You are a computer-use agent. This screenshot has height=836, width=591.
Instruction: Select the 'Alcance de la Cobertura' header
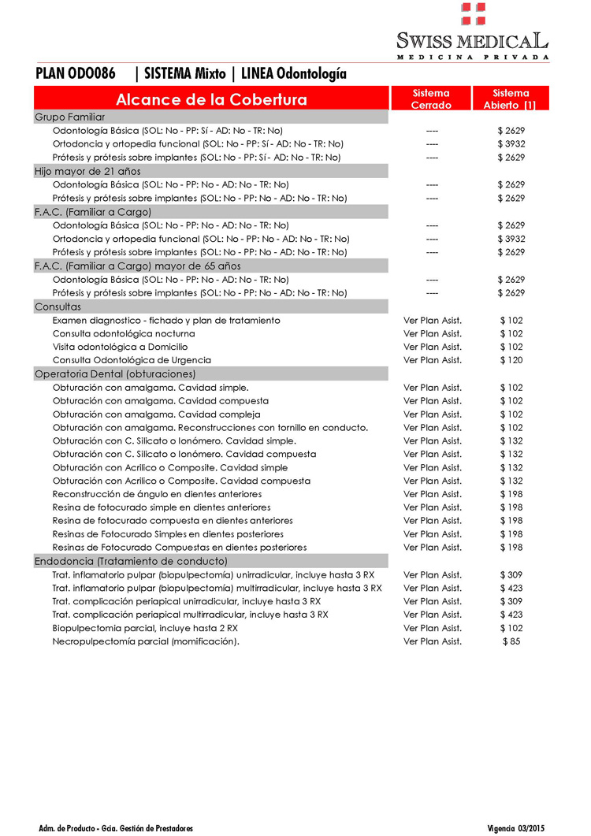(211, 99)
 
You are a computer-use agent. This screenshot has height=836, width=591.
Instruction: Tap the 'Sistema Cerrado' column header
(431, 99)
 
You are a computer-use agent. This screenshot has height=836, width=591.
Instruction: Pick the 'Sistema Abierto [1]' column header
(510, 99)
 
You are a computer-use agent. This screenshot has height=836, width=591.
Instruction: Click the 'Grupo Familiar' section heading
(69, 117)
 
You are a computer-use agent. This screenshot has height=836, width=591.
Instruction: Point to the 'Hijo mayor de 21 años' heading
(85, 171)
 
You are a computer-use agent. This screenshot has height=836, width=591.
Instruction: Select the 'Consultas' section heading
(58, 307)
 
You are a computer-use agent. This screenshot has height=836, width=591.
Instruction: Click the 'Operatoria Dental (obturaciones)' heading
(115, 374)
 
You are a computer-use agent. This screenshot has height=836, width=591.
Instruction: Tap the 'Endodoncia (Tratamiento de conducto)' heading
(131, 561)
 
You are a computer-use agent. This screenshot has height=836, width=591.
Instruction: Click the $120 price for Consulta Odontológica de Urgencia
(511, 360)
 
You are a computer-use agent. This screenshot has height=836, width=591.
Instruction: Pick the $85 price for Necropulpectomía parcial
(511, 641)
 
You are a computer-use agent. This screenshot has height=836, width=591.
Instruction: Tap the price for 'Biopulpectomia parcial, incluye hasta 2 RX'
(511, 628)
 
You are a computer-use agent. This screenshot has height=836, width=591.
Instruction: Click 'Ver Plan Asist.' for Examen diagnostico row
(433, 321)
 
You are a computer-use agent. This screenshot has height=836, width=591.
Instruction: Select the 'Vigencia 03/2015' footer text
(516, 828)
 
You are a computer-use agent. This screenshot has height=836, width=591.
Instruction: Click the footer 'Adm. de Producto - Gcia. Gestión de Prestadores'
(116, 828)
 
